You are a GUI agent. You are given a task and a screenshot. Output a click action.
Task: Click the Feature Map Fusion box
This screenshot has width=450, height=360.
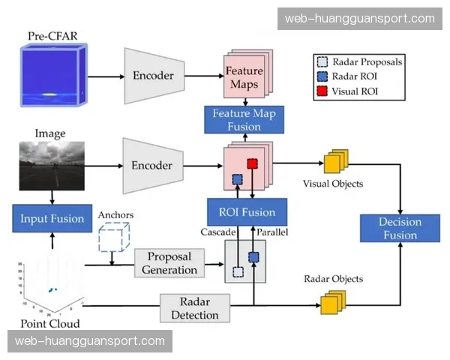click(244, 120)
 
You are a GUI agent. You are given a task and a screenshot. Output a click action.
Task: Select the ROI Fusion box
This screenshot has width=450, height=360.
click(247, 211)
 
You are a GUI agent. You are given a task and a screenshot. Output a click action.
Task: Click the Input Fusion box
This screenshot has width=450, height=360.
click(51, 218)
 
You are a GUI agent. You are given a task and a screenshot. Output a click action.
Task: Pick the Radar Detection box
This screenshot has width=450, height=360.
click(195, 307)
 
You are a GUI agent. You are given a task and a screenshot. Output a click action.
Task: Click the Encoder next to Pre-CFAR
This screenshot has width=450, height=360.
click(153, 76)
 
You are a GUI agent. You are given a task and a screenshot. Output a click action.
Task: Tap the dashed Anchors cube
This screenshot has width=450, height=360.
click(114, 238)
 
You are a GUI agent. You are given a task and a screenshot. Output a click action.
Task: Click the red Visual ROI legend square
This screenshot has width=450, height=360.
click(322, 92)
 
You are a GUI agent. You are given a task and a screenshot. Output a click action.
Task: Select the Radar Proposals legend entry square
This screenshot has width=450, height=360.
click(322, 63)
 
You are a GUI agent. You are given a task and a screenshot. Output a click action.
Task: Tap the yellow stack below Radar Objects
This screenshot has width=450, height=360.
click(332, 302)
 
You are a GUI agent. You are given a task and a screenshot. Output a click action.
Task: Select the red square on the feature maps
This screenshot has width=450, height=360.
click(253, 163)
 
